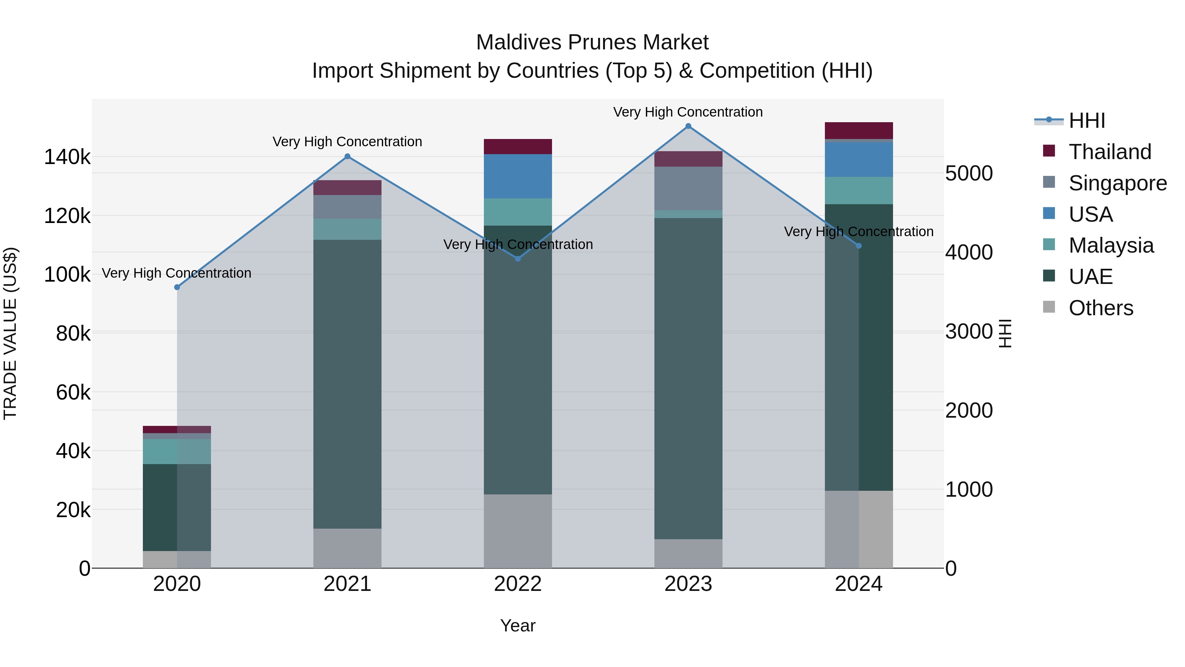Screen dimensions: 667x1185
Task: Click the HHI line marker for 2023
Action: (x=688, y=126)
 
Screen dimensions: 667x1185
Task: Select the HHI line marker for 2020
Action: (x=177, y=287)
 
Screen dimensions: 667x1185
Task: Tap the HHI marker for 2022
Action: (x=518, y=259)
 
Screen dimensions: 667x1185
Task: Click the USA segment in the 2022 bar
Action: (x=518, y=176)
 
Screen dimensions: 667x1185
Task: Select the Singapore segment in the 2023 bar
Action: (x=688, y=188)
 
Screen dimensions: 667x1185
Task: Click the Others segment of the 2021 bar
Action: (x=347, y=548)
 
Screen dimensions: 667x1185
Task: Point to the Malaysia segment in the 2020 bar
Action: (x=177, y=451)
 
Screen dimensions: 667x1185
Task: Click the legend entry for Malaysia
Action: (x=1111, y=245)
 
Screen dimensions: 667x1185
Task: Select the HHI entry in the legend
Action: (x=1087, y=121)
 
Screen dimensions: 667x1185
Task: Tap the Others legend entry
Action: (x=1100, y=308)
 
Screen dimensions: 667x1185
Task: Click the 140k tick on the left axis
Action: (x=67, y=157)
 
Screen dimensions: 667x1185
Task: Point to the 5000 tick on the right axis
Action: (x=969, y=174)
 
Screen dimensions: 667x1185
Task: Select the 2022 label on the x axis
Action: (x=518, y=584)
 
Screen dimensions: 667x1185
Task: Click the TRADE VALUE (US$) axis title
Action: (x=10, y=333)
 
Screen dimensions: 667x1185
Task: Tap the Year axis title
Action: (x=518, y=625)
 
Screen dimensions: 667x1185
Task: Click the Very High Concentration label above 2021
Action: (x=347, y=142)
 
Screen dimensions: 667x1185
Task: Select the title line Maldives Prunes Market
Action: (x=592, y=42)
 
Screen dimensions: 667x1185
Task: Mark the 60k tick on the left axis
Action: (x=73, y=393)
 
